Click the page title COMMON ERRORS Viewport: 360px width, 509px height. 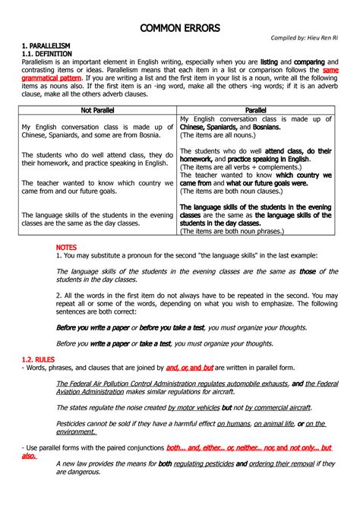(180, 28)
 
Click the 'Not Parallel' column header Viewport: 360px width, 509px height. (99, 110)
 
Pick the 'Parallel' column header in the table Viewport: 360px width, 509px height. (255, 110)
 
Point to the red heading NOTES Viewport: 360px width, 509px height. (67, 248)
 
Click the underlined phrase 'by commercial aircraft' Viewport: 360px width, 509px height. (278, 406)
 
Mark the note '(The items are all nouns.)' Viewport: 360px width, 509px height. (217, 134)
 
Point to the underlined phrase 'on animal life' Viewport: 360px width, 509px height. (277, 423)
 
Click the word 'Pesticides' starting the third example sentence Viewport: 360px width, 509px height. (74, 423)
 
